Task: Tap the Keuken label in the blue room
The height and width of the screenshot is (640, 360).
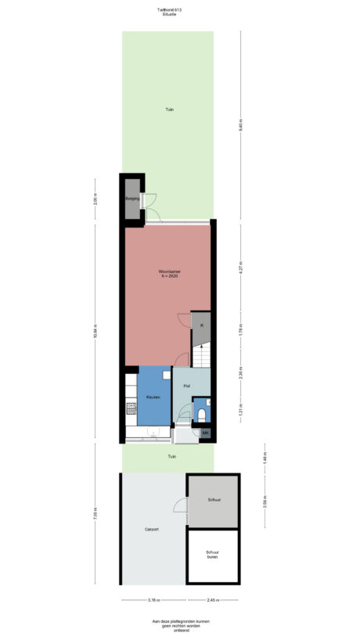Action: [153, 397]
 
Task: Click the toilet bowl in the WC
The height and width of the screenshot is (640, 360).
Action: [202, 414]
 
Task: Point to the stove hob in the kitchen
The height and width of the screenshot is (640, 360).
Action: [131, 408]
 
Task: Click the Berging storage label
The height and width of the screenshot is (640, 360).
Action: [132, 199]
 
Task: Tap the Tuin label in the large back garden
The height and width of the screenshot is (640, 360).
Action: [169, 110]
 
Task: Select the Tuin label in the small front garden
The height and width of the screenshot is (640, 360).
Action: [171, 457]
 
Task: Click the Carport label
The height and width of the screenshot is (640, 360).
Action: [152, 530]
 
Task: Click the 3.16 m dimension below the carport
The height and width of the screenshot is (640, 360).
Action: [153, 600]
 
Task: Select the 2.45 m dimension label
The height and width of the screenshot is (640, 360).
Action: [212, 600]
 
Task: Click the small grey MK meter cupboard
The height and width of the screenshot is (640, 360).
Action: [205, 433]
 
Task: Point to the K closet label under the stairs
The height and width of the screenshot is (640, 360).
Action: [201, 325]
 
